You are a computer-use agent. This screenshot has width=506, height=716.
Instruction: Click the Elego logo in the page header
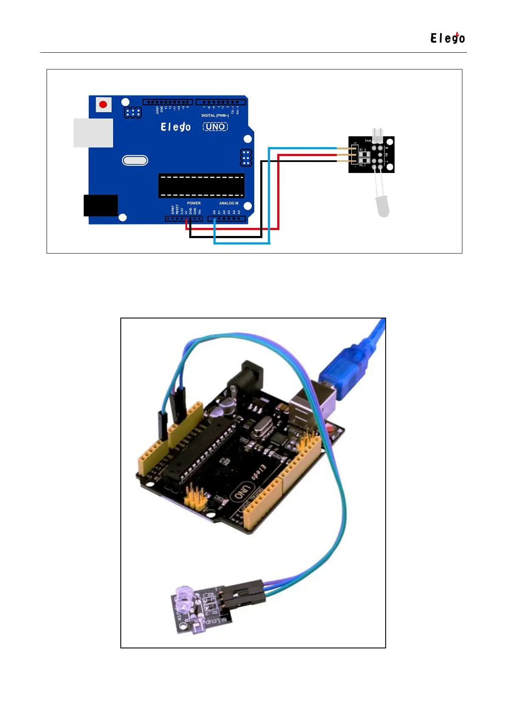447,38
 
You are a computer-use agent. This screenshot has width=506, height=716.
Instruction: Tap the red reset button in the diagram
103,104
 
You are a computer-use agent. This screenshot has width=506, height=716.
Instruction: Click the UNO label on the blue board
215,127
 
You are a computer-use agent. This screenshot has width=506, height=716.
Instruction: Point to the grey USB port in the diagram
93,133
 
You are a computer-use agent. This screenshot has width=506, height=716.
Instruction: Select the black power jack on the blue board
101,205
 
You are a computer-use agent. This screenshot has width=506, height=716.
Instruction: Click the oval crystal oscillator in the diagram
135,160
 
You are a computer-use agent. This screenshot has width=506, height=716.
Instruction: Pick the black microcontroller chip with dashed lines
201,186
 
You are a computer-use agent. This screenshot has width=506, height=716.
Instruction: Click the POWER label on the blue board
193,203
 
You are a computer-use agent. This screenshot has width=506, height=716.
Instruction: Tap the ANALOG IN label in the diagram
229,203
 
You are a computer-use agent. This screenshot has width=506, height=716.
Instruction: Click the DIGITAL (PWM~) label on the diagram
215,116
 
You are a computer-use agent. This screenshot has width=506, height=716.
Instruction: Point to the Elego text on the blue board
176,127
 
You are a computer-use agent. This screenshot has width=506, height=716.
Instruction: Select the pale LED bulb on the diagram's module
383,207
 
